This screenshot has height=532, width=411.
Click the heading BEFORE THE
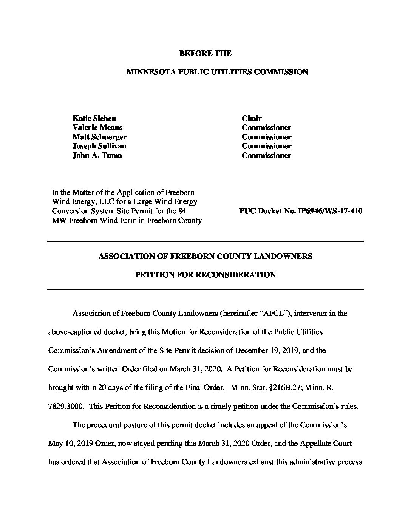205,53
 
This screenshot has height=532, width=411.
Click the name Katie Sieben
94,118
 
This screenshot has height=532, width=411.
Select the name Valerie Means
97,128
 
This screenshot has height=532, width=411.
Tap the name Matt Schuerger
99,137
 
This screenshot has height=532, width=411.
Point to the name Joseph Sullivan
99,146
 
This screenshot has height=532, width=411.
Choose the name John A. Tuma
97,155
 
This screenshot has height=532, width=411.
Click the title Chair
252,118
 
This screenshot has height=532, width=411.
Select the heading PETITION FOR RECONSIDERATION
205,275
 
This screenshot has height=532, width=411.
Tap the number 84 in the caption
182,211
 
